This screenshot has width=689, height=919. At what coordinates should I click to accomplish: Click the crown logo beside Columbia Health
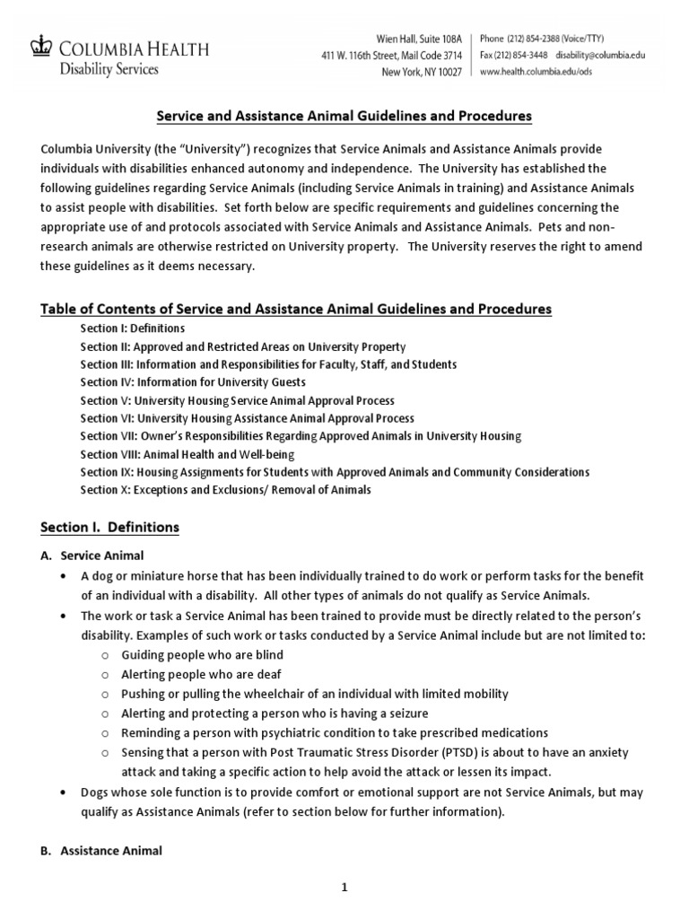pos(40,45)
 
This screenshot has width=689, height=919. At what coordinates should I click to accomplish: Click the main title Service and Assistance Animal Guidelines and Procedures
pos(344,116)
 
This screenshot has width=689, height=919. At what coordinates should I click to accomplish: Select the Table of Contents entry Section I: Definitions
pos(132,328)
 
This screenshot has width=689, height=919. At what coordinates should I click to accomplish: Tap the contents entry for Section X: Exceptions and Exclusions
pos(225,490)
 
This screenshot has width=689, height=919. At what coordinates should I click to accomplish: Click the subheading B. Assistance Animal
pos(110,850)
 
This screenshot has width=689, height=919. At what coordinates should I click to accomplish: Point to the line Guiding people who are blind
pos(202,655)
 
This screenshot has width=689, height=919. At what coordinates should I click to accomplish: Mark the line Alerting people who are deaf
pos(203,674)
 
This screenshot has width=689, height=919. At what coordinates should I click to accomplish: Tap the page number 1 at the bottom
pos(344,888)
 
